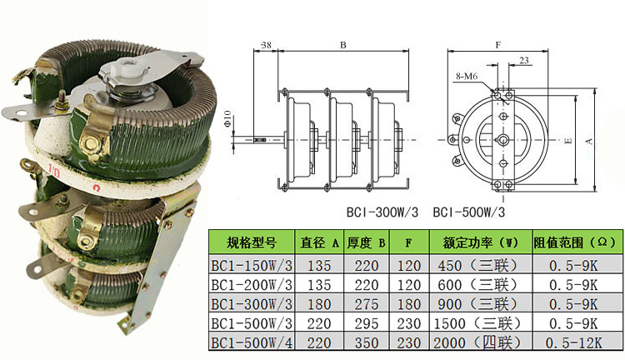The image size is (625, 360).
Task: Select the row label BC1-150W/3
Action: pos(251,266)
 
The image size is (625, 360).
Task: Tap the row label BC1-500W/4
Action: pos(251,342)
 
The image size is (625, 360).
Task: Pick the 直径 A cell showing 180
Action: pos(318,303)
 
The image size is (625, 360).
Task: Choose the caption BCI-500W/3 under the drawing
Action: pos(469,212)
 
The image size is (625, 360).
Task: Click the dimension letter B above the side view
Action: pos(342,44)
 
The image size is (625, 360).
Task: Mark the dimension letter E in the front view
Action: pos(567,142)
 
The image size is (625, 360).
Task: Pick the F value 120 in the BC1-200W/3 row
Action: pos(407,284)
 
